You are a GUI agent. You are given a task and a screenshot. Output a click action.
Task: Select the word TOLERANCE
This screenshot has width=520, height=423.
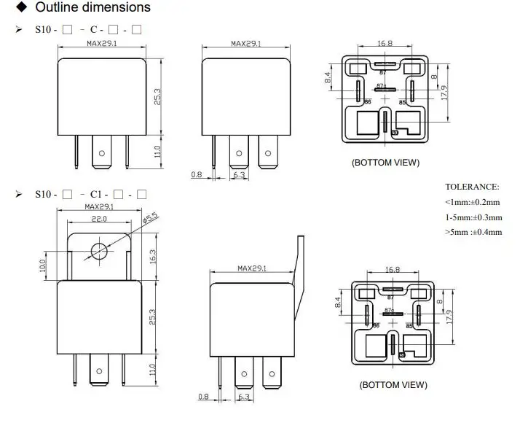point(472,187)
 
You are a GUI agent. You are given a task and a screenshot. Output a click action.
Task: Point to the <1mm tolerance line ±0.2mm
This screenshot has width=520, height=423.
point(473,201)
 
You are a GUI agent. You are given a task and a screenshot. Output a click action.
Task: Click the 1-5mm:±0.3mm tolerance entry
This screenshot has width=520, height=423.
point(473,217)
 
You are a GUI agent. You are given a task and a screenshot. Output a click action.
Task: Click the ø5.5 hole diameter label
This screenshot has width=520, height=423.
point(151,217)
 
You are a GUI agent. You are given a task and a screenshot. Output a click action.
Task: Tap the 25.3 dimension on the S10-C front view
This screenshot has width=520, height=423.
point(156,97)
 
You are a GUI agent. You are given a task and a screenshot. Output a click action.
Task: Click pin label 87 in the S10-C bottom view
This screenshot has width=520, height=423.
point(384,73)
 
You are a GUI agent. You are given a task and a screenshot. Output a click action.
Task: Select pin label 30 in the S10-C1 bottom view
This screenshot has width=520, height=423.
point(402,354)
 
